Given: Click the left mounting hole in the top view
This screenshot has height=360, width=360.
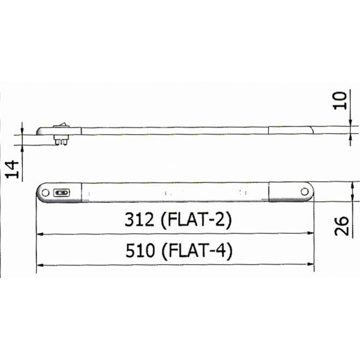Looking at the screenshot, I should (45, 192).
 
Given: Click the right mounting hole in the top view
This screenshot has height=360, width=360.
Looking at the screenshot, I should (304, 192).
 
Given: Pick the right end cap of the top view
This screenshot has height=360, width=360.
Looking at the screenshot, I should (290, 192).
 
